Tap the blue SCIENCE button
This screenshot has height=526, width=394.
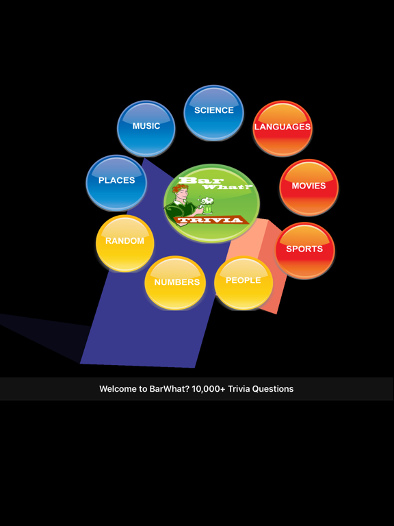click(x=213, y=113)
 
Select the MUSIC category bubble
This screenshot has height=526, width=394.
click(x=146, y=129)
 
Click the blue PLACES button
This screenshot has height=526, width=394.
click(x=116, y=183)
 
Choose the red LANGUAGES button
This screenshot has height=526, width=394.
click(x=283, y=129)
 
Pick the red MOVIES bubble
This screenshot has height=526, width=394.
click(x=309, y=188)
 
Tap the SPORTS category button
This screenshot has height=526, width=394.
click(x=304, y=250)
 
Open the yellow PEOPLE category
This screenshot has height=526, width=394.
click(x=244, y=283)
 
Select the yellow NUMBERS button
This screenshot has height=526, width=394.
click(x=175, y=283)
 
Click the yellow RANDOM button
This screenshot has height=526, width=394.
click(x=125, y=243)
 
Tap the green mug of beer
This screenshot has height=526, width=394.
click(x=207, y=205)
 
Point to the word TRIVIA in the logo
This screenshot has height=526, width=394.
click(x=211, y=220)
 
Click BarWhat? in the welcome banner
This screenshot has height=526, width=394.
click(x=170, y=389)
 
